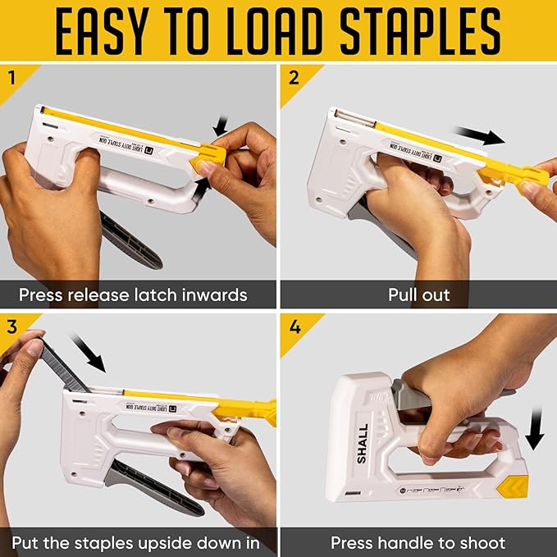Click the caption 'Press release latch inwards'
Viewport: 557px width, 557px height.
(133, 294)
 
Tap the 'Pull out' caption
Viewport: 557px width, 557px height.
(418, 294)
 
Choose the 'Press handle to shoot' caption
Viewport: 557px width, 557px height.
(418, 542)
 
